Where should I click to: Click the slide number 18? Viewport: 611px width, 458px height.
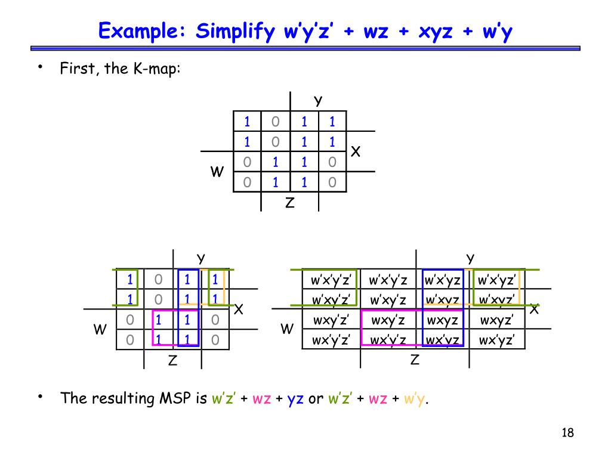[x=567, y=433]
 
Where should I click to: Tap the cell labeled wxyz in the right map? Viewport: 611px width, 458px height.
[x=442, y=320]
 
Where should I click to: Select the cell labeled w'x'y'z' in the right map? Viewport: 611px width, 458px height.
[x=330, y=280]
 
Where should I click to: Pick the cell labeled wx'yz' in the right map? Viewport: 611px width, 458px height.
[x=496, y=341]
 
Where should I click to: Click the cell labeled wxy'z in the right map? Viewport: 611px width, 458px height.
[x=388, y=320]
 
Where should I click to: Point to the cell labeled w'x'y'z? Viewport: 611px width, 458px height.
[x=388, y=280]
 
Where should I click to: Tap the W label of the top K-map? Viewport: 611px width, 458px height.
[x=217, y=172]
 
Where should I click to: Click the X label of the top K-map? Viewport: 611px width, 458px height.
[x=356, y=152]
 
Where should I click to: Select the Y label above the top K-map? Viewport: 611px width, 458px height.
[x=318, y=100]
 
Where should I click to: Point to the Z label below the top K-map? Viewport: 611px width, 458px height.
[x=289, y=203]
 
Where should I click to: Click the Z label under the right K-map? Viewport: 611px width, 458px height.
[x=415, y=360]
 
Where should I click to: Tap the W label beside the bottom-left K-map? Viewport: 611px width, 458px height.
[x=100, y=330]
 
